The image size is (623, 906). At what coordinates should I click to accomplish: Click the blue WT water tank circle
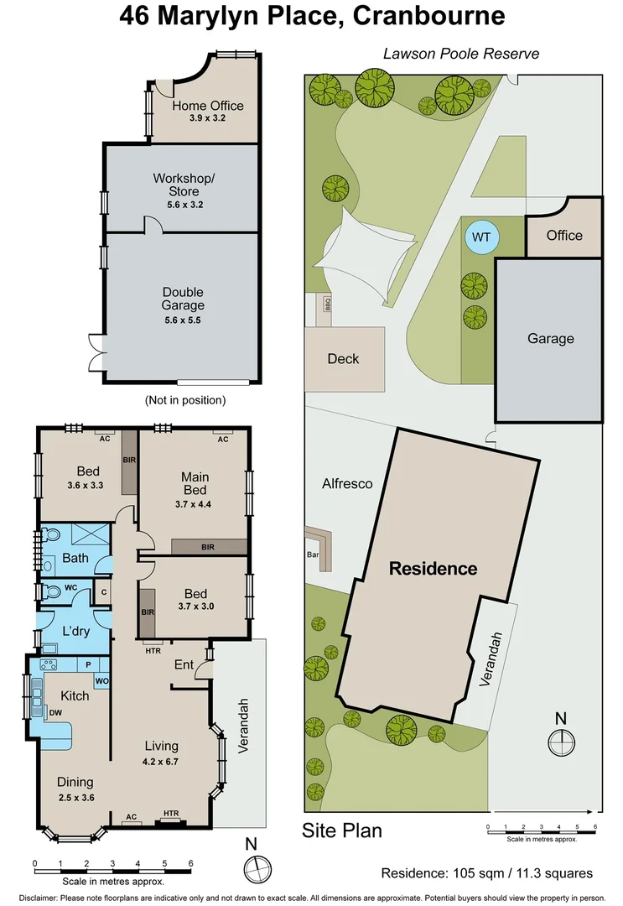click(x=480, y=237)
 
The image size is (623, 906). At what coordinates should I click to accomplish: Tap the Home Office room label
click(x=208, y=106)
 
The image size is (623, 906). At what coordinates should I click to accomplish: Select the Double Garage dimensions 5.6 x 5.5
click(x=184, y=320)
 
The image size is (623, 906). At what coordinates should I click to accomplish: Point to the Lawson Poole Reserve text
click(x=460, y=54)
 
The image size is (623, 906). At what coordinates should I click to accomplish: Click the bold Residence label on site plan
click(x=434, y=569)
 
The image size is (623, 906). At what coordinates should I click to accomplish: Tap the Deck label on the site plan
click(x=343, y=358)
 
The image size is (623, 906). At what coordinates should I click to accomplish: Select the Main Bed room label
click(x=195, y=482)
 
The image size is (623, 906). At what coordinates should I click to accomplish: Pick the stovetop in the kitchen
click(x=49, y=664)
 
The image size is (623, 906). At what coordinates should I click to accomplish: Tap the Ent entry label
click(x=184, y=665)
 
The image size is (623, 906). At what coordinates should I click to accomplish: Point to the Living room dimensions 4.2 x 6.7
click(x=161, y=761)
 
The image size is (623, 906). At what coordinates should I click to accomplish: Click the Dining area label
click(x=76, y=783)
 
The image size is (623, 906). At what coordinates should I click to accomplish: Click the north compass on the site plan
click(x=560, y=742)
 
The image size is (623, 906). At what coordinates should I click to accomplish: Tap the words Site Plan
click(x=342, y=830)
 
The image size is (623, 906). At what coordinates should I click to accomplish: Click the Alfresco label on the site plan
click(x=347, y=483)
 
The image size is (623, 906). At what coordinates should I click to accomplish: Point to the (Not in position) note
click(x=185, y=400)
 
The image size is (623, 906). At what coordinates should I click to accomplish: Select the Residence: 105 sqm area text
click(x=486, y=872)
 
